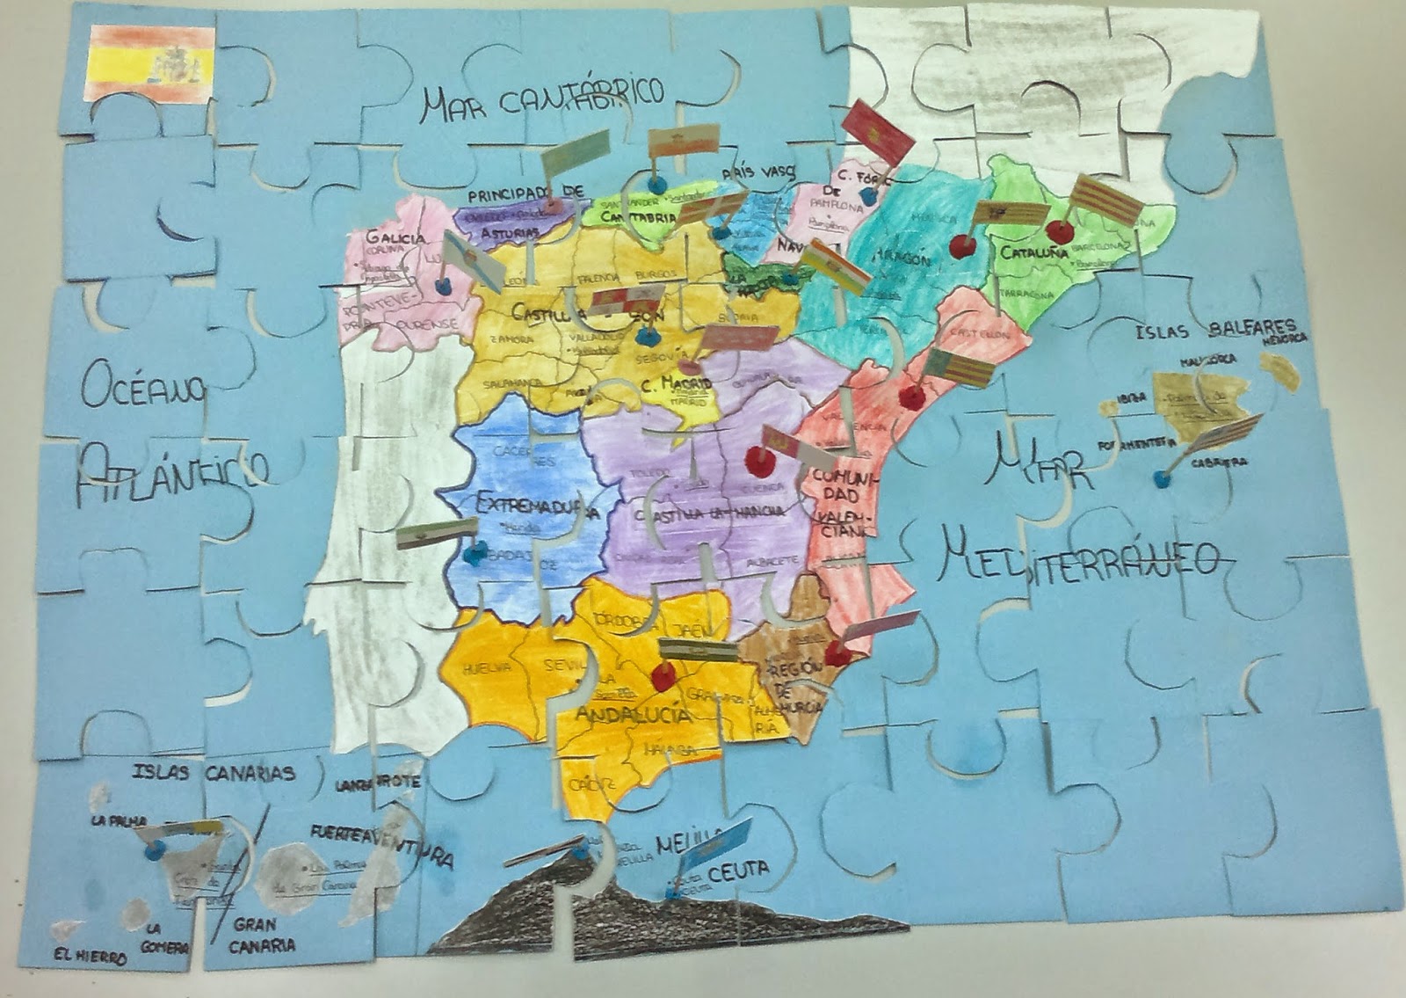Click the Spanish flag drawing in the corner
point(151,63)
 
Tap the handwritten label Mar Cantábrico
point(541,98)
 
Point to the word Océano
point(143,386)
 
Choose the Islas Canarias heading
point(214,773)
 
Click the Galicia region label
point(395,237)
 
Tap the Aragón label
point(902,258)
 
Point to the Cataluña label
point(1033,252)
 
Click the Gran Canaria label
point(262,935)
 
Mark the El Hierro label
point(88,957)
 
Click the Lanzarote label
point(378,782)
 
